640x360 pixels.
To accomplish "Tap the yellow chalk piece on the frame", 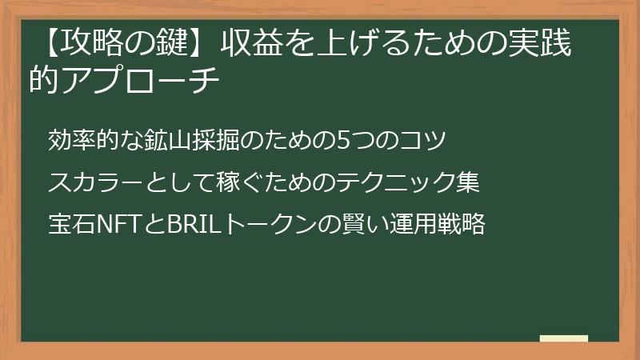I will pos(563,339).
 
